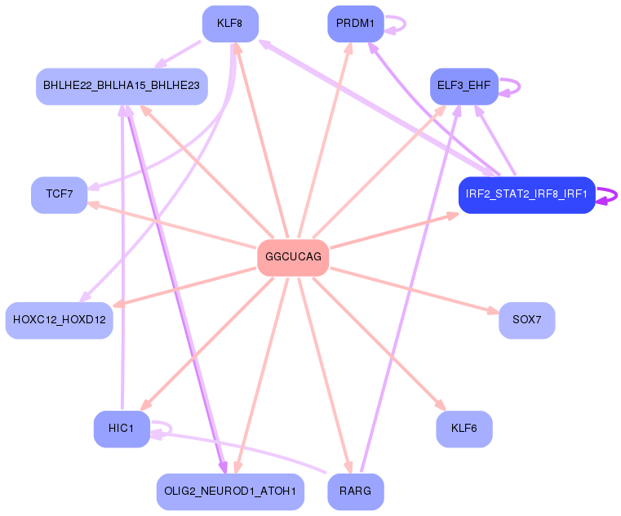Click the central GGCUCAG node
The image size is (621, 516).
[293, 257]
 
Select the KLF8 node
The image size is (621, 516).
[230, 24]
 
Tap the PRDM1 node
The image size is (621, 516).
[355, 24]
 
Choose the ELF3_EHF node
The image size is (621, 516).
[464, 86]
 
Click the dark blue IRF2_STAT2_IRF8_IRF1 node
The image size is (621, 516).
[526, 195]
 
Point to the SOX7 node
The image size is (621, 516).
[526, 319]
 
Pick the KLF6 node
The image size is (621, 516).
[464, 429]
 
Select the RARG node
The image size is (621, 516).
[355, 492]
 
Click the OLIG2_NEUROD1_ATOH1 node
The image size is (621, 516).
[230, 492]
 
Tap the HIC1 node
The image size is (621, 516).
[122, 429]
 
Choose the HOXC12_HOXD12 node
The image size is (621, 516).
[59, 319]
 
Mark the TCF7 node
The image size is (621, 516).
[59, 194]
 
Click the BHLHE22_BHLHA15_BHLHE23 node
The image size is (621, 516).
[122, 86]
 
